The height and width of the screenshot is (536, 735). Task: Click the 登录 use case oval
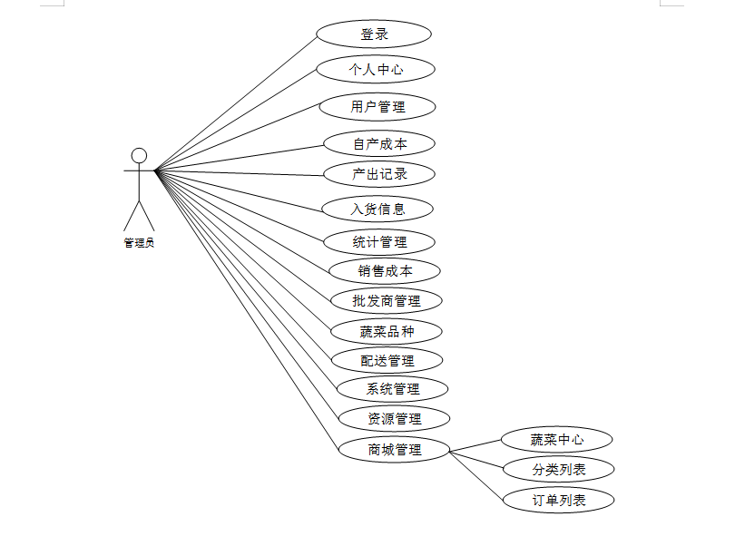374,34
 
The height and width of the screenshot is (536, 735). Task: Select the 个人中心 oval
376,69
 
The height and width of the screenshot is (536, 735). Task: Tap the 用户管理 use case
377,107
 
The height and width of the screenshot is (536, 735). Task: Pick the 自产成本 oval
379,143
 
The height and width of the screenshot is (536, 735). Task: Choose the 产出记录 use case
379,174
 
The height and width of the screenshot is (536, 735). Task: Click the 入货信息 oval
377,209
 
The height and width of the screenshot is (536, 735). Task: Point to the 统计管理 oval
379,242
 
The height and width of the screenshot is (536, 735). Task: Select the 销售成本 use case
385,270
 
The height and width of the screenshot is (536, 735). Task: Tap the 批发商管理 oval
386,300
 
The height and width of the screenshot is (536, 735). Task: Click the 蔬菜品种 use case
386,331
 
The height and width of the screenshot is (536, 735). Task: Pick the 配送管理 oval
387,360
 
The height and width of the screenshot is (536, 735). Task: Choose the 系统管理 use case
392,389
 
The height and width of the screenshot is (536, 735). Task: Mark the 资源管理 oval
394,418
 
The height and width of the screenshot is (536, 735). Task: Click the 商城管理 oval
394,448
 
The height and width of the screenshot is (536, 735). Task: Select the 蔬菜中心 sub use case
557,440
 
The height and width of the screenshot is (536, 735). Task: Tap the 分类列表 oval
558,469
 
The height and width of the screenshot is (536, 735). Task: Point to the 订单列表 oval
558,499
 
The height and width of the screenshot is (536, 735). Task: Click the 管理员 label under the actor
139,242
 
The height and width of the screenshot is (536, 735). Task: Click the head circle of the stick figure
139,155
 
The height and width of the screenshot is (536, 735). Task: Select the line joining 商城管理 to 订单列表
477,474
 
